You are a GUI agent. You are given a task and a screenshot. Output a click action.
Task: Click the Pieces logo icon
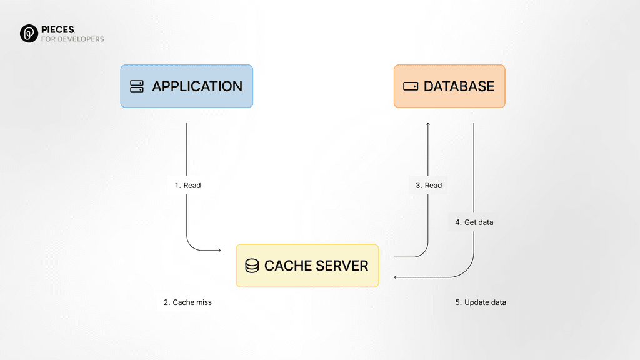(x=29, y=34)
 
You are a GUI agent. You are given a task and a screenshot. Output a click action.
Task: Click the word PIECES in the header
(x=58, y=29)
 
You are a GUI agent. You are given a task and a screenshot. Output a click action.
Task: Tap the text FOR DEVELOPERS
(x=72, y=39)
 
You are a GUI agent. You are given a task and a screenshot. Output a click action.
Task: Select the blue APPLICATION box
(x=186, y=86)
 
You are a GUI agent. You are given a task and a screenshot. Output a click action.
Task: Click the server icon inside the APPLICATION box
(x=137, y=86)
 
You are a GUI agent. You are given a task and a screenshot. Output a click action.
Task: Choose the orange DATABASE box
(x=449, y=86)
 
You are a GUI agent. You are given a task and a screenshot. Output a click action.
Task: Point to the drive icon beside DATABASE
(x=411, y=86)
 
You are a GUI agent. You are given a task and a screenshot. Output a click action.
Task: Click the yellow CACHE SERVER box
(x=307, y=266)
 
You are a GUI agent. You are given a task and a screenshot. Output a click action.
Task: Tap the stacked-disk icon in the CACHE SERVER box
(x=252, y=266)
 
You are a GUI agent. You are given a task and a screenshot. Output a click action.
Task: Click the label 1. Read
(x=187, y=185)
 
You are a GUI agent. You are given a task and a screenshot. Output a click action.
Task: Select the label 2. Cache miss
(x=187, y=302)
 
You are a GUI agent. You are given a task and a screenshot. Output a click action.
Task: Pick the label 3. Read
(x=429, y=185)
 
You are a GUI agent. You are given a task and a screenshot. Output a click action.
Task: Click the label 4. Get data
(x=474, y=222)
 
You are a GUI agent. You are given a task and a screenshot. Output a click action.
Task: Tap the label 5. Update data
(x=480, y=302)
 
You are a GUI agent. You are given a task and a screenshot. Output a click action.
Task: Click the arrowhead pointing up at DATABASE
(x=428, y=124)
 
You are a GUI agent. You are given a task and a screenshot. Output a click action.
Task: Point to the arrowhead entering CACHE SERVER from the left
(x=219, y=251)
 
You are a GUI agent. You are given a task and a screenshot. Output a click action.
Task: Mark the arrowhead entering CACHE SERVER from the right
(x=396, y=277)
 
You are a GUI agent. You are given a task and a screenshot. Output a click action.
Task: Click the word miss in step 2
(x=203, y=302)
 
